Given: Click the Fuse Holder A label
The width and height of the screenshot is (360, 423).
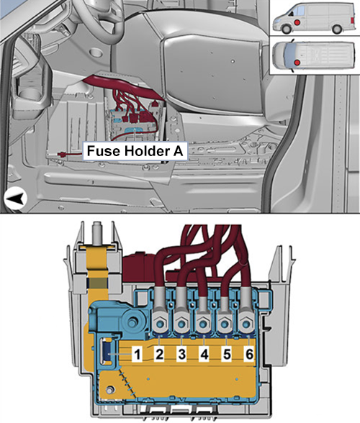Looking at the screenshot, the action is (135, 151).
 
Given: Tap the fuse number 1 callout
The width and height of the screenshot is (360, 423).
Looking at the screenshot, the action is (138, 354).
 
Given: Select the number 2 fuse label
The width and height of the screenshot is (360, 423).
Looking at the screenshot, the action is (159, 354).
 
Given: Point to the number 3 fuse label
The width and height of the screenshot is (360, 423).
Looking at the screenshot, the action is (181, 354).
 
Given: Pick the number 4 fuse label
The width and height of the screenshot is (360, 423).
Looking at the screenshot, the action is (204, 354).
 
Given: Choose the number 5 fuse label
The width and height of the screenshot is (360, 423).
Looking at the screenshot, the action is (227, 354).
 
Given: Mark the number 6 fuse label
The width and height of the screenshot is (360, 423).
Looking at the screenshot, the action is (249, 354).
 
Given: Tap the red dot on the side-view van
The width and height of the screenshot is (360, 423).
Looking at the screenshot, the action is (297, 23).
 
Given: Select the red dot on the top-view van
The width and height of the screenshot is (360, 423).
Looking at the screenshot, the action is (297, 63).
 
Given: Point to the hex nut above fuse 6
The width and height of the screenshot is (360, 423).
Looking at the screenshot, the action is (246, 324).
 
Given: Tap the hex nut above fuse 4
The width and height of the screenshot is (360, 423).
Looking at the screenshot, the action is (203, 324).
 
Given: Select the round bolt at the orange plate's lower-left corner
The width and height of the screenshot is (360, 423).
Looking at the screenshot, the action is (109, 390).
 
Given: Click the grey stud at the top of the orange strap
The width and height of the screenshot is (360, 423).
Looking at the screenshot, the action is (96, 231).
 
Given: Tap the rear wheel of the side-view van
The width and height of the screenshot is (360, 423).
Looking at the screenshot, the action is (337, 29).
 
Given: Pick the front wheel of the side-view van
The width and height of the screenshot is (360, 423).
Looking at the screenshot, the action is (287, 29).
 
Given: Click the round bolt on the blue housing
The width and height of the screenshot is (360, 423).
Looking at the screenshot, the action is (132, 322).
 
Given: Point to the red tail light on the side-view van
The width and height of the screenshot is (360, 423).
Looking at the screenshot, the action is (352, 20).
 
